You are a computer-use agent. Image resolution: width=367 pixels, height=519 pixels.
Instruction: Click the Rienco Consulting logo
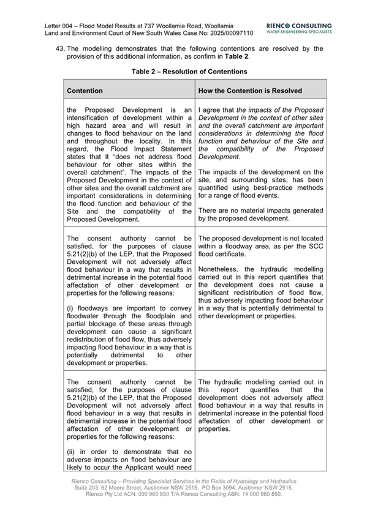pos(300,26)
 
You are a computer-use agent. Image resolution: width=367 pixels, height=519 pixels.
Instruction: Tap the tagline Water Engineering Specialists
pos(300,32)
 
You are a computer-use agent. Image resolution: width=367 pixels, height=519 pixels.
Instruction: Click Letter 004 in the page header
pos(61,26)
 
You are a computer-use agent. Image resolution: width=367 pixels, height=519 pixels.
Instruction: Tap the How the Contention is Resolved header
pos(251,91)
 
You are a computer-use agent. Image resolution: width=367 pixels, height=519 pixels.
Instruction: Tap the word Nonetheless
pos(220,267)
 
